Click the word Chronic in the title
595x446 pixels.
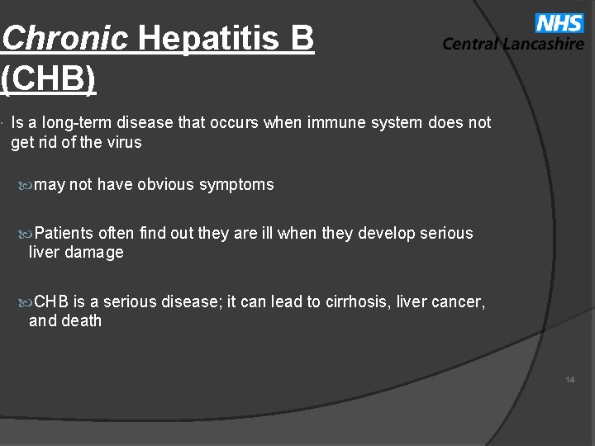coord(65,38)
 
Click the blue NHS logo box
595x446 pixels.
coord(559,24)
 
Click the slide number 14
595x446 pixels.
coord(570,380)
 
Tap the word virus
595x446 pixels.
coord(123,142)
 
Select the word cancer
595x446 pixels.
coord(459,301)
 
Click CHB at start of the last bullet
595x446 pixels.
coord(53,301)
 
